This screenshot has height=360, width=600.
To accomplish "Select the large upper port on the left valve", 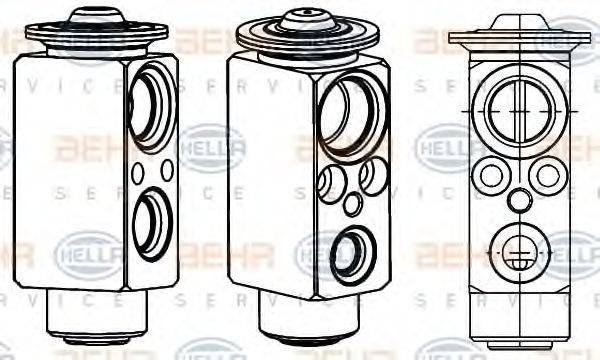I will click(152, 108).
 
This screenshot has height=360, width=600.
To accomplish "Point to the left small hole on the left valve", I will click(137, 173).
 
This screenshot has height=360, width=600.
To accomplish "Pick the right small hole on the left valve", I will click(166, 169).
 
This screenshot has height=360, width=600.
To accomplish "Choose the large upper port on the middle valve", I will click(348, 119).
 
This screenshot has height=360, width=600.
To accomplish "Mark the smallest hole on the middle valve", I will click(351, 204).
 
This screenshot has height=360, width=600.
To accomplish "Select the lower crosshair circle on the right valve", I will click(517, 249).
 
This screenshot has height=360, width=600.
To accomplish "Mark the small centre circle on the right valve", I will click(518, 200).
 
